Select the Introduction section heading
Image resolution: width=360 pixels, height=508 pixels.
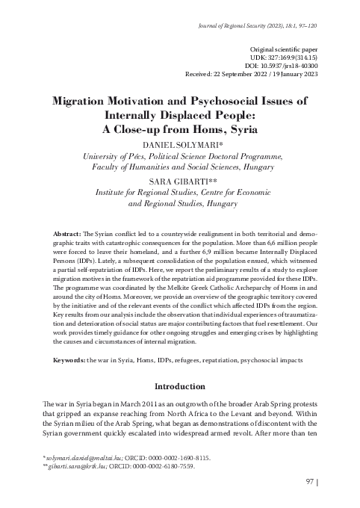(x=179, y=388)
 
